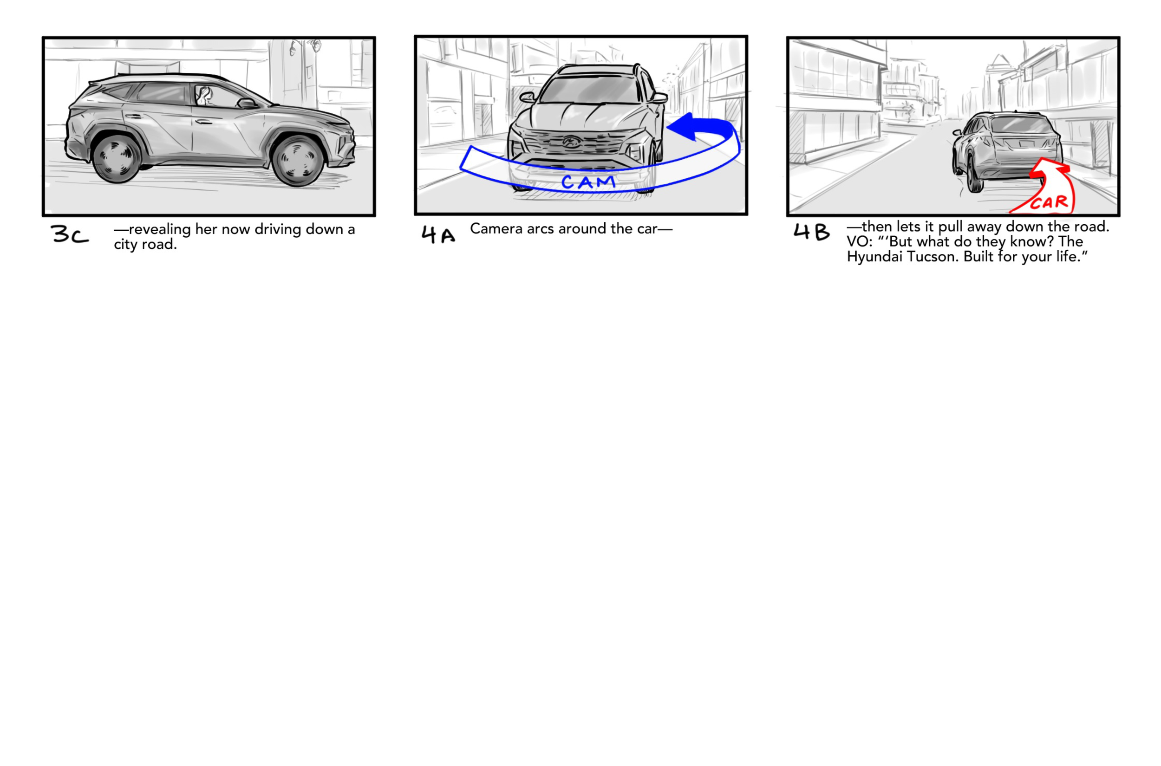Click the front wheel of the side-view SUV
tap(298, 160)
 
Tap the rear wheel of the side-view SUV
tap(116, 157)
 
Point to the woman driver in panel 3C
tap(204, 96)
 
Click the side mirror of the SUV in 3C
tap(246, 103)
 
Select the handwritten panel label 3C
tap(69, 234)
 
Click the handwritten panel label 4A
tap(438, 234)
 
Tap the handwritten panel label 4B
tap(811, 232)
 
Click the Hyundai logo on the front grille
tap(570, 142)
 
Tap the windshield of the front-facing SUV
tap(590, 91)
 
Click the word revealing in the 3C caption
tap(160, 229)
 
